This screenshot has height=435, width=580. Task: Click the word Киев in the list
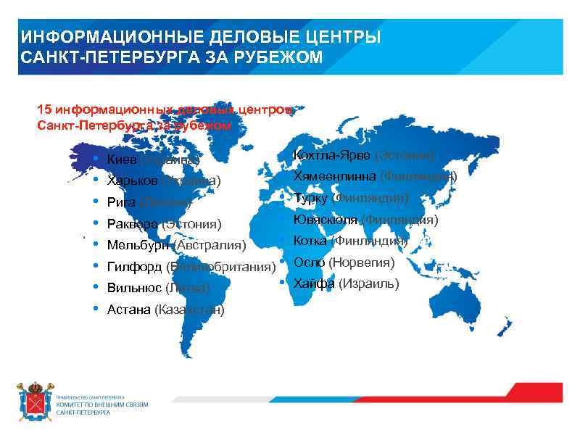[x=120, y=159]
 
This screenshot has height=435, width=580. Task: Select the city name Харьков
[x=133, y=181]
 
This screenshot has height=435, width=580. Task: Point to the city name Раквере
[x=133, y=224]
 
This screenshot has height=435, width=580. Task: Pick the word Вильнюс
[x=134, y=289]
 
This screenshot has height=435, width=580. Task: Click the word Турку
[x=310, y=198]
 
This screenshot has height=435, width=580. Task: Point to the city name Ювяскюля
[x=325, y=220]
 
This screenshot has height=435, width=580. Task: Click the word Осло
[x=309, y=262]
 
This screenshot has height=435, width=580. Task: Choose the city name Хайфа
[x=314, y=283]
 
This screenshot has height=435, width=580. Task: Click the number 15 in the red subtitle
[x=44, y=109]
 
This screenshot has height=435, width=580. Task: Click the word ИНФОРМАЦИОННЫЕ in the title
[x=107, y=38]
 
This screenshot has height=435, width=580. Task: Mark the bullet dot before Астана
[x=96, y=309]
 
